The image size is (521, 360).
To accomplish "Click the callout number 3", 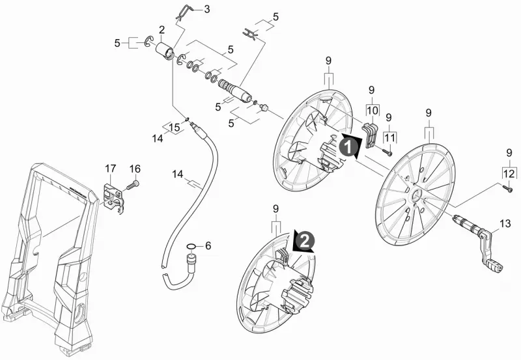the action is coord(207,9).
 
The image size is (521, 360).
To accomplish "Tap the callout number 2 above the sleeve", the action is coord(162,30).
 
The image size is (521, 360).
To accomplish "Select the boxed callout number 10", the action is coord(373,110).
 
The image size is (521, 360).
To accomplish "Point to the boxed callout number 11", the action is coord(390,137).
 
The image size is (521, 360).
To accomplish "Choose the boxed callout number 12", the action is coord(509,174).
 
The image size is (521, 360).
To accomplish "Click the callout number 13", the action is coord(505,223).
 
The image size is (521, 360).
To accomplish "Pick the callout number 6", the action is coord(208,246).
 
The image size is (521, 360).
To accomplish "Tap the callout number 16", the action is coord(135,169).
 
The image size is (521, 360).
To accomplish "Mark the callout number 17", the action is coord(111,169).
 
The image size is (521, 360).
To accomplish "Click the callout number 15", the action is coord(175,127).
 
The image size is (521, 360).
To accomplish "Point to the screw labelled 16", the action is coord(133,184).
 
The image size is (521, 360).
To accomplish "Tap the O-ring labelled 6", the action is coord(191,247).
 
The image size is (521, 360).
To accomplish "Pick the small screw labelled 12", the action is coord(508,189).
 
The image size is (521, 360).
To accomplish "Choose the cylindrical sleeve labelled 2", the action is coord(165,51).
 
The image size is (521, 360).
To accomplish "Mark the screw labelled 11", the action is coord(387,152).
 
